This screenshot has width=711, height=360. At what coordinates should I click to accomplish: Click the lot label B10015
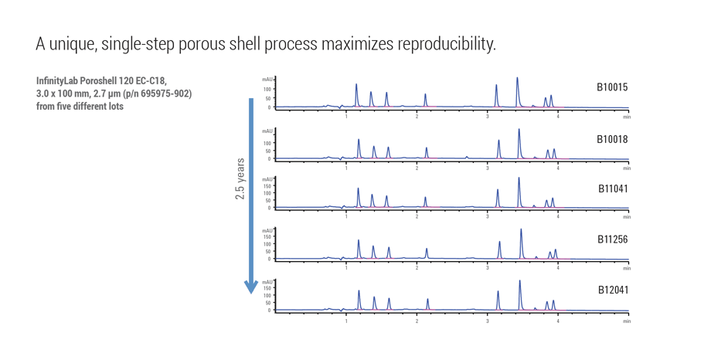tap(612, 87)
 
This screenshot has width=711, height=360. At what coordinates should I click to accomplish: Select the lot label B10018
tap(612, 139)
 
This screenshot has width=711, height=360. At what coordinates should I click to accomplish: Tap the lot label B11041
tap(612, 189)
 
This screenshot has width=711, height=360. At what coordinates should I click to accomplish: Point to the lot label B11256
tap(612, 239)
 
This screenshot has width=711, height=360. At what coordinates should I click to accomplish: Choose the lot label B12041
tap(612, 290)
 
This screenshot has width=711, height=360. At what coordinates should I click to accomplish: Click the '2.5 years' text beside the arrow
tap(240, 179)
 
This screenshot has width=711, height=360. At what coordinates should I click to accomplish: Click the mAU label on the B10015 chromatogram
tap(267, 80)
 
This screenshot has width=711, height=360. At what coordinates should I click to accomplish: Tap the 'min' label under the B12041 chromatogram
tap(626, 321)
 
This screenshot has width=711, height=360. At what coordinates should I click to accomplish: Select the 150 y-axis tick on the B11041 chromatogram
tap(267, 186)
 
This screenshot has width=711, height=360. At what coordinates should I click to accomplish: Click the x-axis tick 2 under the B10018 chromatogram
tap(417, 168)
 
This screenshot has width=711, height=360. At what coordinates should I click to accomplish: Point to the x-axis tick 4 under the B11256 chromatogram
tap(558, 269)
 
